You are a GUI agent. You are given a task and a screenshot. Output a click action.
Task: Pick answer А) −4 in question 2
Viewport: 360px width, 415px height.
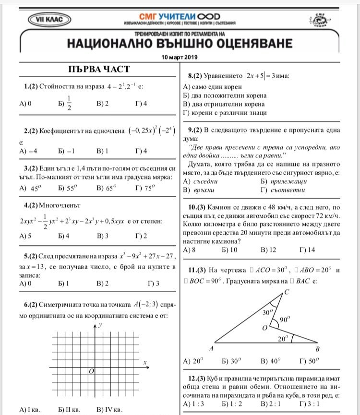29,151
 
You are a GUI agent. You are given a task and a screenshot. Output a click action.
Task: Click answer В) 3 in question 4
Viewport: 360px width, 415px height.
103,236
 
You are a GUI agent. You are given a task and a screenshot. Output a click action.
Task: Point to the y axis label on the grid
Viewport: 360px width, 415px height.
101,325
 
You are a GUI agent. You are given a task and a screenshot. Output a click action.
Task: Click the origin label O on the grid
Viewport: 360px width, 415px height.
91,371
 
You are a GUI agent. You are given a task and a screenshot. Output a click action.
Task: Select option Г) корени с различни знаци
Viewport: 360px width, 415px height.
225,113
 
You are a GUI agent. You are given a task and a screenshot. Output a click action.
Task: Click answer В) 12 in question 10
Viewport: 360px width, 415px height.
268,250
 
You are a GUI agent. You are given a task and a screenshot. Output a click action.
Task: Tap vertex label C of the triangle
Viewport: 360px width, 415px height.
287,292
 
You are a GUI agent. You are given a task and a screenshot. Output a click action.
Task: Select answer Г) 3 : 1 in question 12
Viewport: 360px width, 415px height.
310,404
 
